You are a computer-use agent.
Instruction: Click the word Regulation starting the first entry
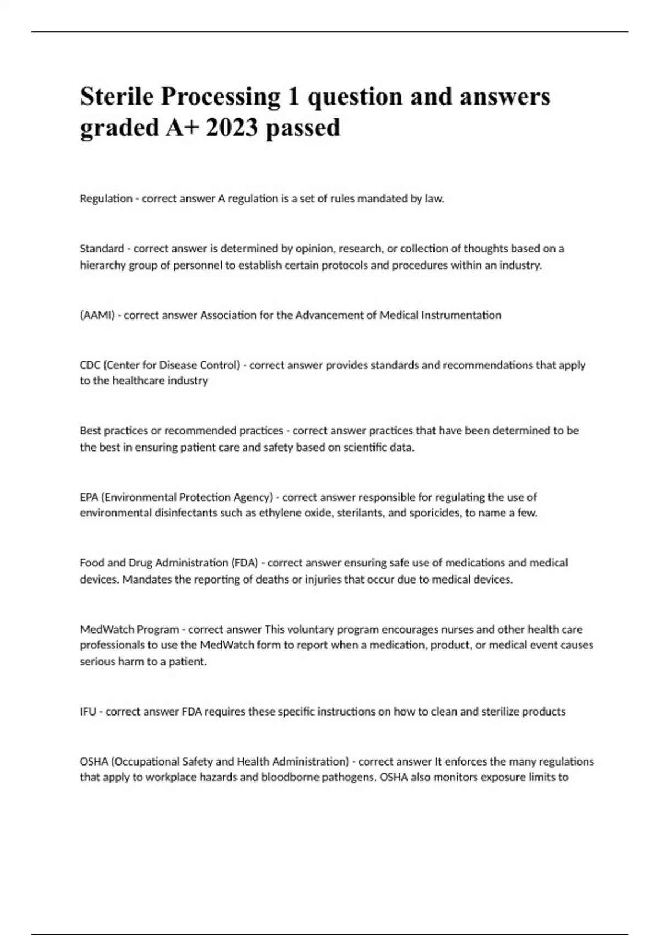(x=106, y=199)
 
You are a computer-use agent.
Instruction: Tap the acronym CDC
(x=90, y=365)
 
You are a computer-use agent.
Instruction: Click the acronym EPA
(x=89, y=497)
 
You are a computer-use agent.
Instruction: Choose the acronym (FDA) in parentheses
(x=245, y=563)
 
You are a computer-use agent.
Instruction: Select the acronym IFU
(x=88, y=712)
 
